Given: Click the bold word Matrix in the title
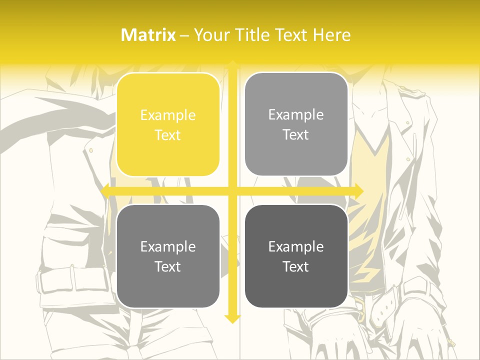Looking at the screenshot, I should (x=148, y=35).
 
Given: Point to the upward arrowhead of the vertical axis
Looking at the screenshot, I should (x=232, y=64).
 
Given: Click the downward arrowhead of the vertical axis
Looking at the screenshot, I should (x=232, y=319).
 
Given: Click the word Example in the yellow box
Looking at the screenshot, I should (x=168, y=115).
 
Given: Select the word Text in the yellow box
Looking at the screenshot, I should (x=168, y=135).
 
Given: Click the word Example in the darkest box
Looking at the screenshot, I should (x=296, y=246).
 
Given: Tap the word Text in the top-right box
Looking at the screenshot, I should (x=296, y=135).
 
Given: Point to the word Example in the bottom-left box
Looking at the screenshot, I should (x=168, y=246).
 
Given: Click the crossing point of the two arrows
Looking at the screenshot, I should (x=232, y=191).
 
